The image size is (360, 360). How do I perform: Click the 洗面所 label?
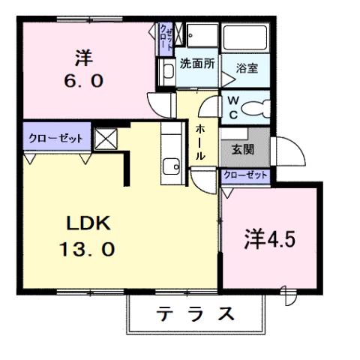197,64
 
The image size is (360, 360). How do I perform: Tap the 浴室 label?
247,68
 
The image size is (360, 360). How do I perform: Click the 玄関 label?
242,149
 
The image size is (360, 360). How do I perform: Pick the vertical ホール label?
200,143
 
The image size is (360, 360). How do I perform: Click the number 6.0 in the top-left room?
83,79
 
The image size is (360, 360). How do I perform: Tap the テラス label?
195,314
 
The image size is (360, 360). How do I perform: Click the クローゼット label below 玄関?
245,175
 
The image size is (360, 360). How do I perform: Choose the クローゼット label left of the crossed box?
55,139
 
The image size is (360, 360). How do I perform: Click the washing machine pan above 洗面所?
200,37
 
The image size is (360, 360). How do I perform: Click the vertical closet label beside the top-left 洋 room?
165,37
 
